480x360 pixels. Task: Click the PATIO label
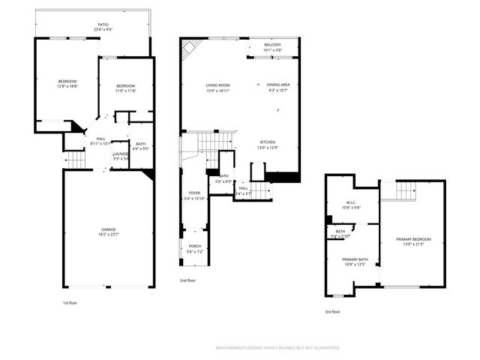(x=102, y=25)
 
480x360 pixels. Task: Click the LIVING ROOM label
(x=217, y=85)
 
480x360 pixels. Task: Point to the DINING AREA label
(x=277, y=85)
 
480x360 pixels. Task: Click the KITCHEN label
(x=268, y=142)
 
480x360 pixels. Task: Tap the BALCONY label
(x=272, y=46)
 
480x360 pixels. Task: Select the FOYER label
(x=194, y=193)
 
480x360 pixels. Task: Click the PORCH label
(x=194, y=246)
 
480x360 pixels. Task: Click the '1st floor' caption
(x=70, y=302)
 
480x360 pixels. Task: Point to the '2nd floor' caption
(x=187, y=280)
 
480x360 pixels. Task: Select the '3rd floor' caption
(x=333, y=311)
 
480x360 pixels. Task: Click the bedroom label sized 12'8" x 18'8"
(x=67, y=81)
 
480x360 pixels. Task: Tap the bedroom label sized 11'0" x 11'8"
(x=125, y=86)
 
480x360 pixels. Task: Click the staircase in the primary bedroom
(x=405, y=191)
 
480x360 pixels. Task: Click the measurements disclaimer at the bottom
(x=277, y=348)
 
